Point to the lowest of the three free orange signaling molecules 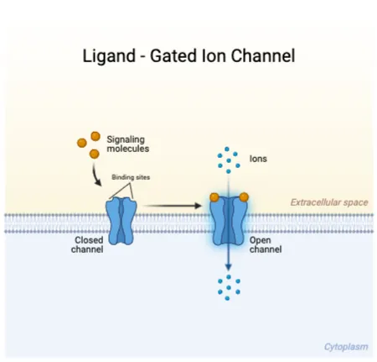point(94,154)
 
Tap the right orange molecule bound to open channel point(244,197)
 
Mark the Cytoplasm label point(345,346)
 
